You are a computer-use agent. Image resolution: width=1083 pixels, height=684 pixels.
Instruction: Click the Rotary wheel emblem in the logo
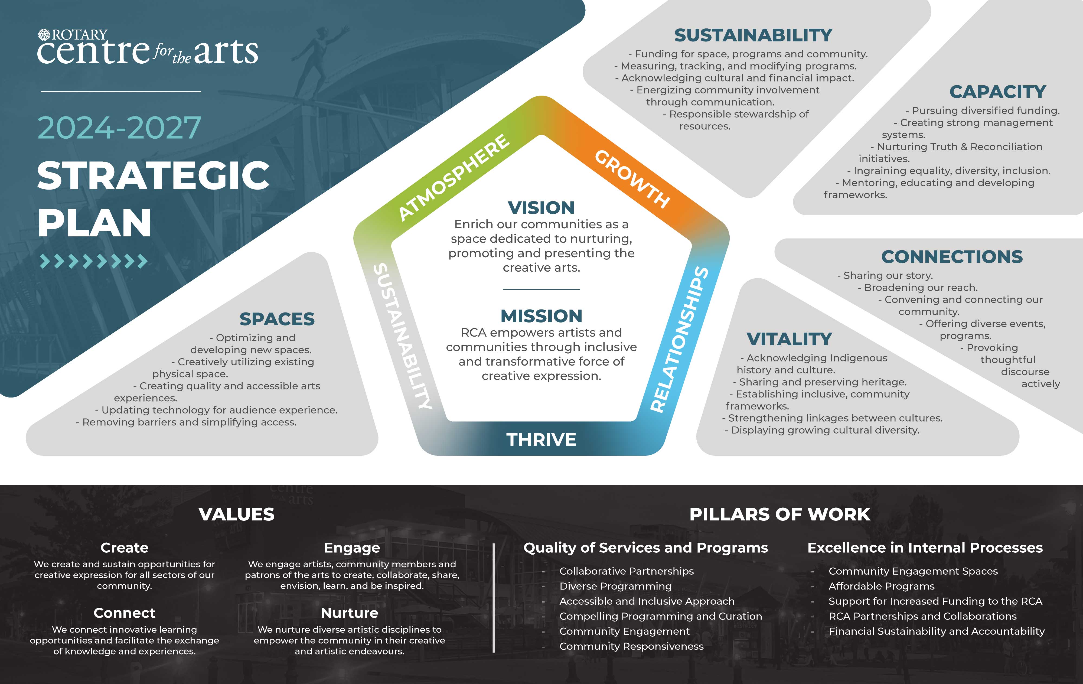[x=44, y=35]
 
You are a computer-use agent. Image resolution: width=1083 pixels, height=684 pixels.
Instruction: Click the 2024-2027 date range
[x=119, y=128]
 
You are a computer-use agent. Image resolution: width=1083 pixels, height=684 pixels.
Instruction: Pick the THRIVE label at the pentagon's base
[x=541, y=439]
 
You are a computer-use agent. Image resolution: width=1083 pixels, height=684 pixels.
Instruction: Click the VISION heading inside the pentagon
[x=541, y=208]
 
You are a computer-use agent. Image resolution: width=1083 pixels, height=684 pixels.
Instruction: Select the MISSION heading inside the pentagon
[x=541, y=316]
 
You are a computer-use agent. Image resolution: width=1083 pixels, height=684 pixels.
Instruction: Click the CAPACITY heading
[x=997, y=92]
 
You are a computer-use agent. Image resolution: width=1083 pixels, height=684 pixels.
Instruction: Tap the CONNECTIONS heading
[x=952, y=257]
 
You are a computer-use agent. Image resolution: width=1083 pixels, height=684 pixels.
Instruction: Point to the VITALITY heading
[x=789, y=339]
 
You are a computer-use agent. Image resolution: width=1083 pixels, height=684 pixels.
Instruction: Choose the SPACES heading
[x=277, y=319]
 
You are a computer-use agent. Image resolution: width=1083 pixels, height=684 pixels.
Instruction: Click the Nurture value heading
[x=350, y=613]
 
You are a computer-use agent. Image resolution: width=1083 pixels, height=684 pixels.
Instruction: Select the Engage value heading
[x=352, y=548]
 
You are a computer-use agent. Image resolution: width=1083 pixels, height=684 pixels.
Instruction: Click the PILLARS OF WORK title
[x=780, y=514]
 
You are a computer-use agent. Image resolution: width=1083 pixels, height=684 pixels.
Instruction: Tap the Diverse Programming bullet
[x=615, y=586]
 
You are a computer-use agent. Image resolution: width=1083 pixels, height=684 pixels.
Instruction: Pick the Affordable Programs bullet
[x=882, y=586]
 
